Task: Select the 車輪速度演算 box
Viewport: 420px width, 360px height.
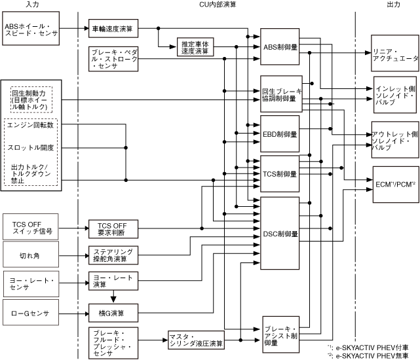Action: coord(112,28)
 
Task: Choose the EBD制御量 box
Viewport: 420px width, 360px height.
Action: coord(280,133)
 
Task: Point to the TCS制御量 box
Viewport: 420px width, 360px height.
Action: coord(280,174)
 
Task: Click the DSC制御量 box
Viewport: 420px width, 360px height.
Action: coord(280,232)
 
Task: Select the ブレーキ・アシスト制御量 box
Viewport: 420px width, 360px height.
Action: coord(280,334)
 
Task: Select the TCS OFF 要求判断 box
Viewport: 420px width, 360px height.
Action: coord(112,228)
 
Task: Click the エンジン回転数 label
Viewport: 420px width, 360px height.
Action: coord(33,124)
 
